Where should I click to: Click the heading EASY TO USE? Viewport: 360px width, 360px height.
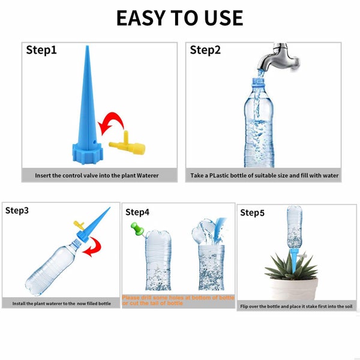(179, 18)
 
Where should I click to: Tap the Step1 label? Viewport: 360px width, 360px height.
(41, 50)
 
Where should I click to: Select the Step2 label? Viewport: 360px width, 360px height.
(205, 50)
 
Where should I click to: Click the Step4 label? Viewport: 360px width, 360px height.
(137, 212)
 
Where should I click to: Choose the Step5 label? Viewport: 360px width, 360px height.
(252, 212)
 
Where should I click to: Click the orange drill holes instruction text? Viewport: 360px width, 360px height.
(178, 300)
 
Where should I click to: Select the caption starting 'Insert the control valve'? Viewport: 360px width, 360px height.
(99, 176)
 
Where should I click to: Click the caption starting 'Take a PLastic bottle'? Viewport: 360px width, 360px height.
(265, 176)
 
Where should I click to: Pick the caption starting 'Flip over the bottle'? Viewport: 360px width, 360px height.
(296, 307)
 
